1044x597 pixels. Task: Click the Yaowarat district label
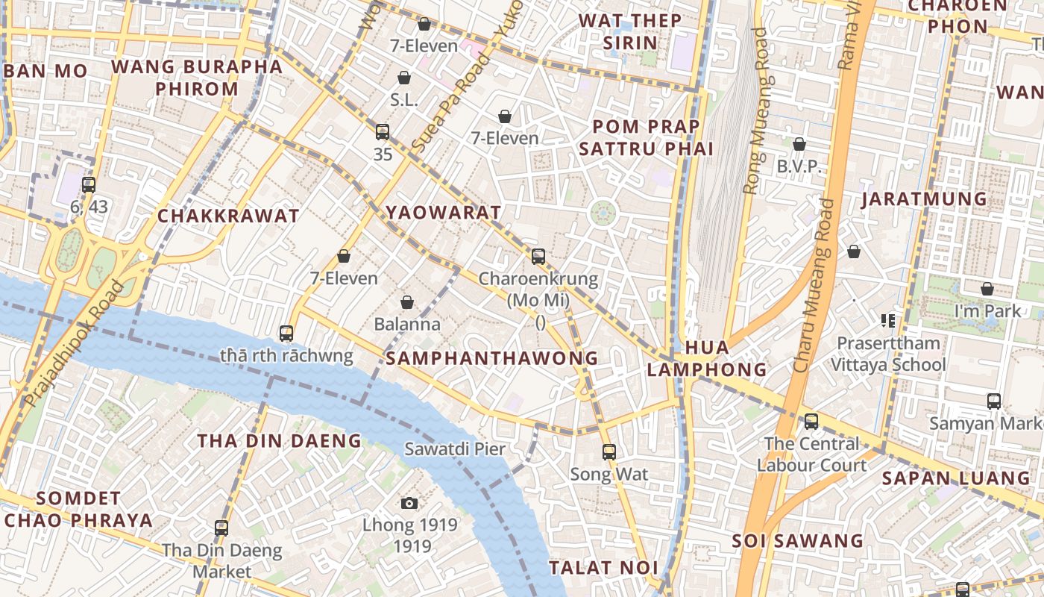point(444,213)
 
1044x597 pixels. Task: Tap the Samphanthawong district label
point(492,358)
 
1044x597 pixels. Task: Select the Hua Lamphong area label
point(706,358)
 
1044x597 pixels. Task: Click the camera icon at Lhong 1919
point(409,504)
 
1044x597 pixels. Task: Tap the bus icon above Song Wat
point(609,451)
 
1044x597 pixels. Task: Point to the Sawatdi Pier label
point(455,449)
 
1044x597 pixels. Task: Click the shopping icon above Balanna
point(407,302)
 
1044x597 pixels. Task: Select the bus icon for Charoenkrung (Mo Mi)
point(538,257)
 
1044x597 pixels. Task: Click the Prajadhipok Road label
point(73,343)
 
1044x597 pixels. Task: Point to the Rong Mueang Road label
point(755,112)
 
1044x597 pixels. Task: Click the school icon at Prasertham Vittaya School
point(887,321)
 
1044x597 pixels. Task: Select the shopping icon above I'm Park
point(987,289)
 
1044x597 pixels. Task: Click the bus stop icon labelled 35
point(383,132)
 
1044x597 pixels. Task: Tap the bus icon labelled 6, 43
point(89,184)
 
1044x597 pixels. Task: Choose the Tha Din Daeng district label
point(279,441)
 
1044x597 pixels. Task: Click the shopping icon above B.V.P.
point(799,144)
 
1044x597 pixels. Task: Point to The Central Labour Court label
point(811,454)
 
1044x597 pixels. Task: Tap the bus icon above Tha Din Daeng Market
point(221,528)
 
